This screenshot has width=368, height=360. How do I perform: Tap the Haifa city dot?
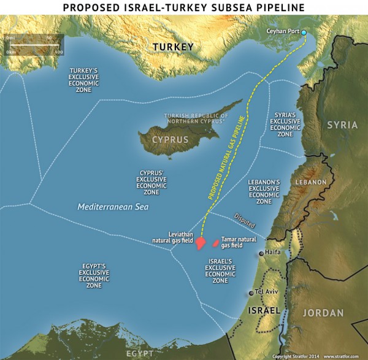pyautogui.click(x=262, y=253)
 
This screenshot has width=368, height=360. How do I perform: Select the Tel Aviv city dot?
pyautogui.click(x=251, y=293)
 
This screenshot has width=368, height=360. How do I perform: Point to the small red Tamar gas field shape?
pyautogui.click(x=216, y=243)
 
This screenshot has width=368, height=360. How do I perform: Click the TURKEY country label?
pyautogui.click(x=172, y=47)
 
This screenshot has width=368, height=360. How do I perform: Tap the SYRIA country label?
pyautogui.click(x=342, y=124)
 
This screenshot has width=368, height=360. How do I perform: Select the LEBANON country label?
pyautogui.click(x=310, y=183)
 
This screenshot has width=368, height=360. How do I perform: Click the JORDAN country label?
pyautogui.click(x=323, y=313)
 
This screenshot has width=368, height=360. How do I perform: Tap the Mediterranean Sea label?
pyautogui.click(x=112, y=207)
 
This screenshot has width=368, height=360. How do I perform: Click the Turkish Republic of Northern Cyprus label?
pyautogui.click(x=196, y=118)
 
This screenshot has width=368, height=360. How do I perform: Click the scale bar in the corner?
pyautogui.click(x=34, y=45)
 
